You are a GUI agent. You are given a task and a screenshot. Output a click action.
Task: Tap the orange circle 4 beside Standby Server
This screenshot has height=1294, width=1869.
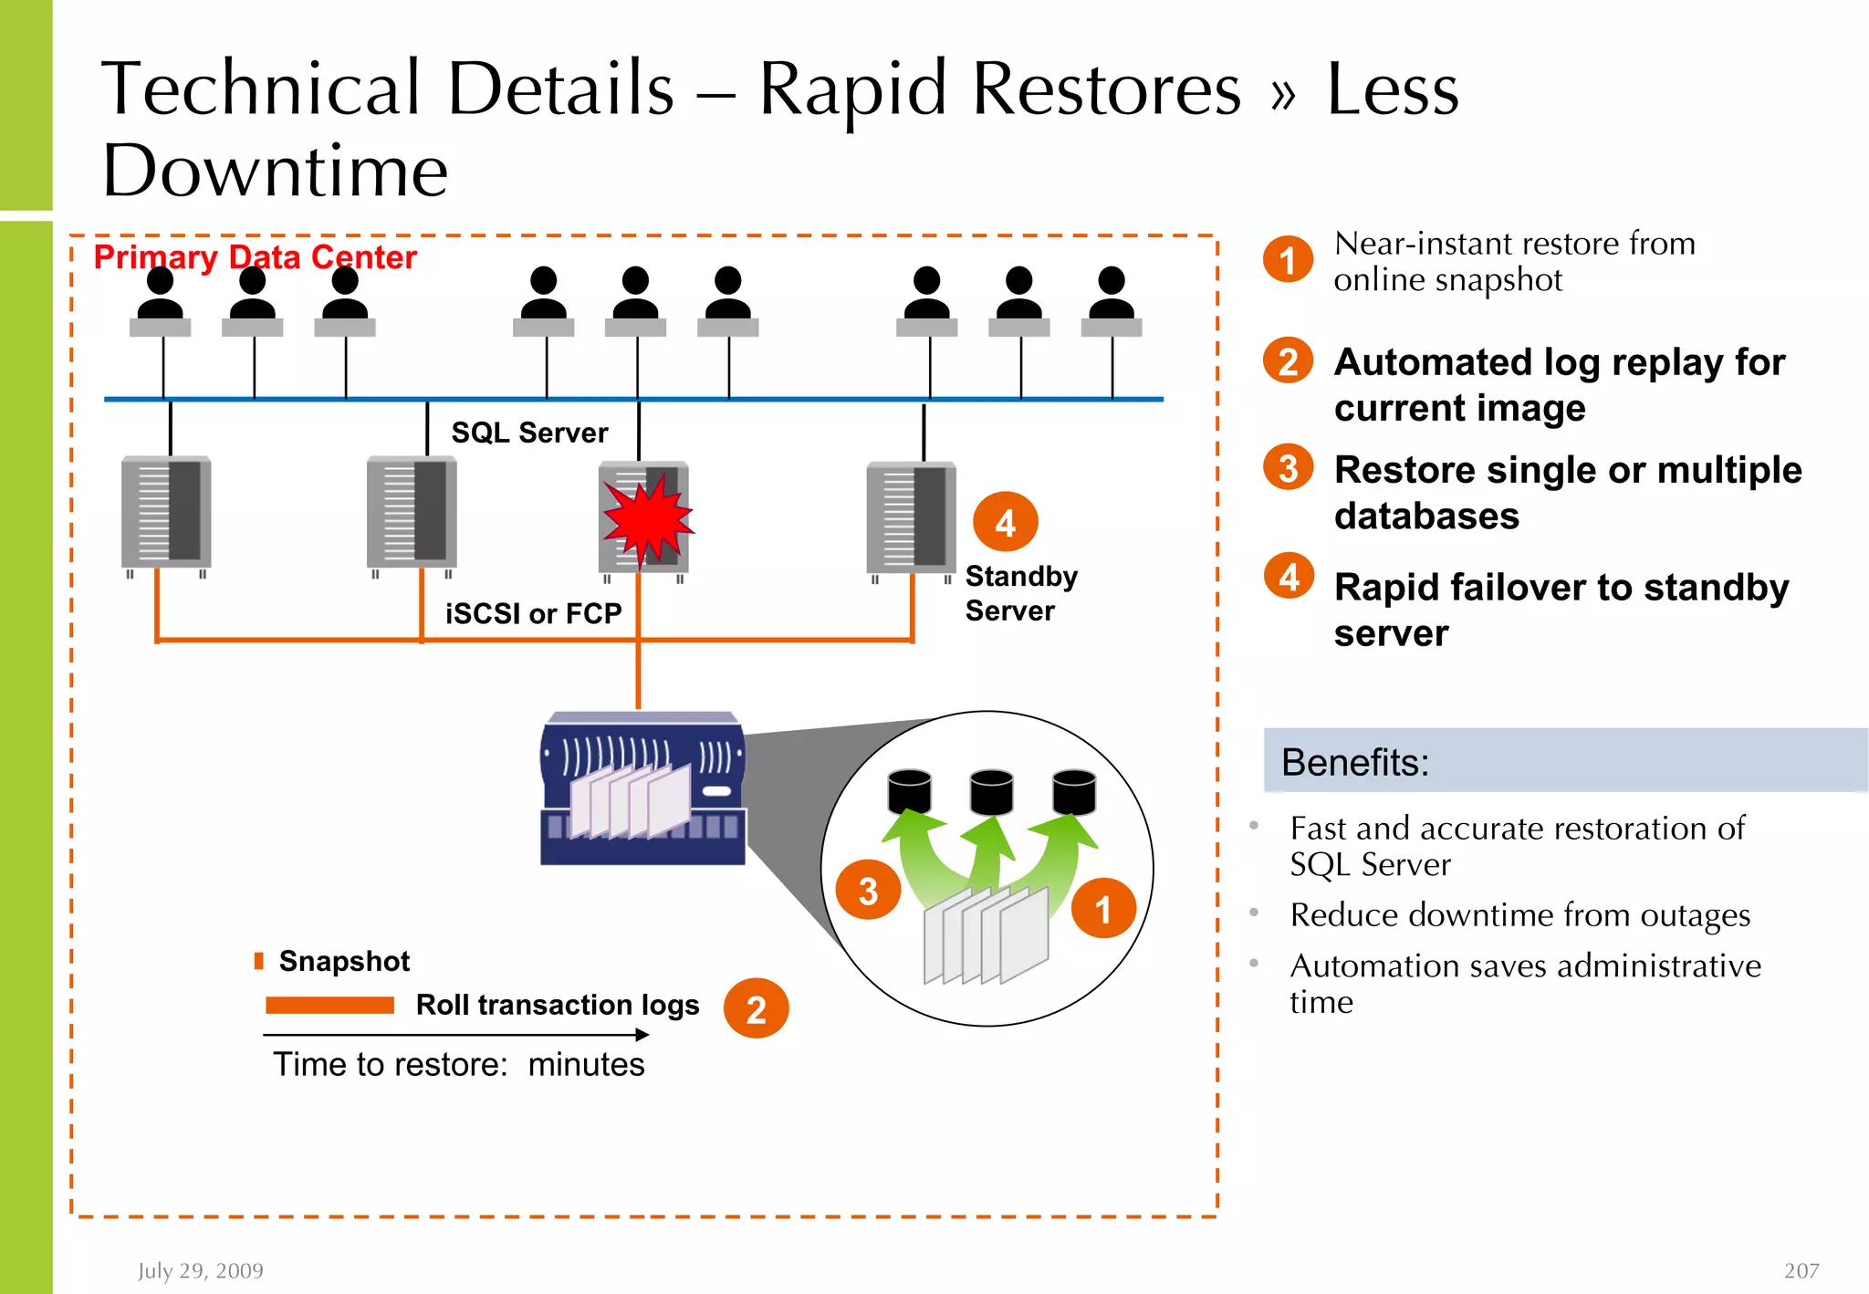[x=1005, y=523]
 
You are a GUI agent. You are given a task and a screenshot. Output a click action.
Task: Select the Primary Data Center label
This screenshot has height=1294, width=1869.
[x=255, y=257]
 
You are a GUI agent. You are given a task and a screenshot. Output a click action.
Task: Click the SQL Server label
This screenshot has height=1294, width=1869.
[x=529, y=433]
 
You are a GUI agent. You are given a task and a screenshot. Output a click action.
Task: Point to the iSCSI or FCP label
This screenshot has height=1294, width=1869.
[x=533, y=613]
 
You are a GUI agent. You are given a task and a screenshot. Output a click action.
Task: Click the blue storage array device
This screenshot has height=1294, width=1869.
[x=642, y=788]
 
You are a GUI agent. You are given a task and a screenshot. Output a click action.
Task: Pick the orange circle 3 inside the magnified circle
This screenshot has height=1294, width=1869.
[x=868, y=891]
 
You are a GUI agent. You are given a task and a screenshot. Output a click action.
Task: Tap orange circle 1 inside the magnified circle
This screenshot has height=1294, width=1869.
[x=1102, y=909]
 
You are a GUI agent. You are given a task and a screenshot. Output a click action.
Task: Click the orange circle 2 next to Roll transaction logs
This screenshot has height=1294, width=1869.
[x=756, y=1009]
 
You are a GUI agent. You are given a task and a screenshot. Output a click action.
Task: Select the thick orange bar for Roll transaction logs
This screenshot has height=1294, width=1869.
[x=329, y=1006]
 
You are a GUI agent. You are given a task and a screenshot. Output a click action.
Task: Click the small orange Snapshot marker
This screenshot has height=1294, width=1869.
[x=259, y=961]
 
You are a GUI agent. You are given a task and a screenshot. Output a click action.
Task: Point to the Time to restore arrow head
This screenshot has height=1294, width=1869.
[x=643, y=1035]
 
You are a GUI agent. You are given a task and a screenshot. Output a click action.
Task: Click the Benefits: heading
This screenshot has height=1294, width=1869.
[x=1354, y=762]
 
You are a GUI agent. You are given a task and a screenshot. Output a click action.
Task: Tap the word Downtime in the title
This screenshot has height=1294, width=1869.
[x=275, y=171]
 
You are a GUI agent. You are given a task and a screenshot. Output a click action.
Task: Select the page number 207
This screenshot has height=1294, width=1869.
[x=1801, y=1270]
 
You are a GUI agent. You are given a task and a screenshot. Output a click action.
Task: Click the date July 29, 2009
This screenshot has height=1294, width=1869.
[x=201, y=1270]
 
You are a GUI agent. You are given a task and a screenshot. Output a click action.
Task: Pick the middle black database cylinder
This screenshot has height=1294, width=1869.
[x=991, y=791]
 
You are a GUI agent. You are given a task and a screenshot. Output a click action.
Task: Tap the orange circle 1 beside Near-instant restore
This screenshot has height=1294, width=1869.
[x=1288, y=260]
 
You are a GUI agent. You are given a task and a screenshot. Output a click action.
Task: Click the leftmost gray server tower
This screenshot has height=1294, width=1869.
[x=166, y=513]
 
